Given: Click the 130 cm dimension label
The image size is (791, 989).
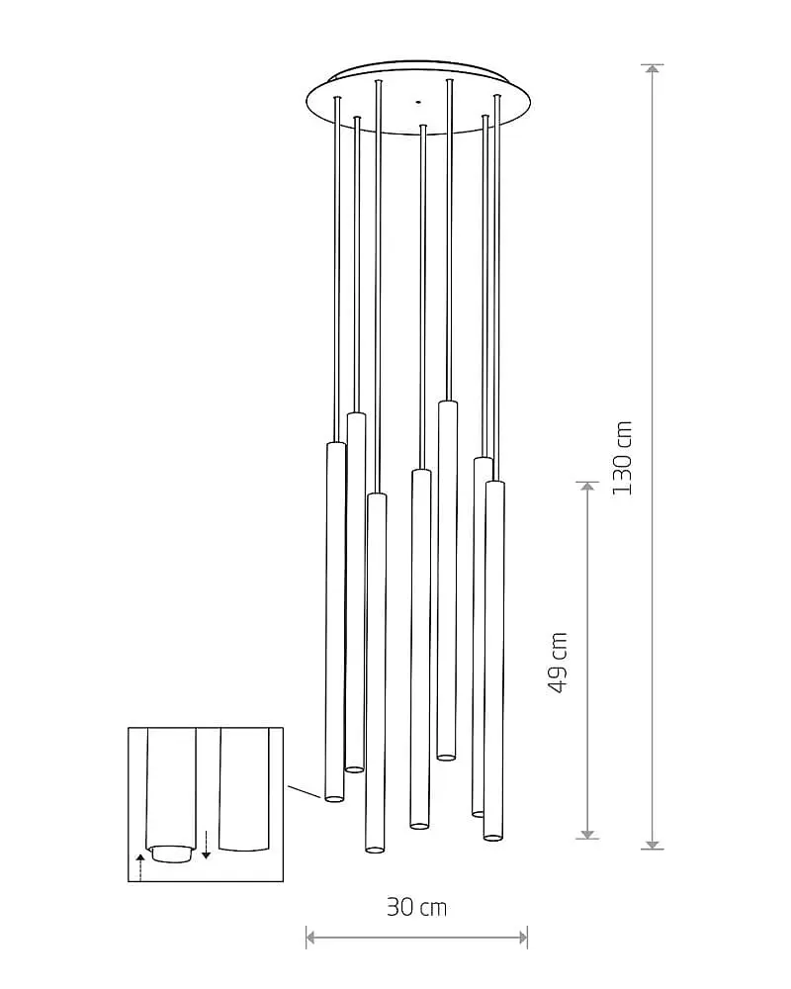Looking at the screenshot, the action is (622, 458).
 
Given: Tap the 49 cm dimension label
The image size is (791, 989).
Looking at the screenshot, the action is (559, 663).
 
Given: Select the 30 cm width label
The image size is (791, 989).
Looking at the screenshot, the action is (416, 908).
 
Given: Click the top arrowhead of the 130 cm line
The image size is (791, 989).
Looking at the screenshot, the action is (653, 69).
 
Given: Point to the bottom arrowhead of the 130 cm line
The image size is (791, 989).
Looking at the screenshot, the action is (653, 844).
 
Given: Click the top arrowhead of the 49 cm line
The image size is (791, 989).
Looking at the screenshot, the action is (588, 489).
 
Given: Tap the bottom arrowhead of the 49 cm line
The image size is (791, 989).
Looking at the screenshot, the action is (588, 833).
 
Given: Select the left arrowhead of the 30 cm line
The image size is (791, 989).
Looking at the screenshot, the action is (311, 938).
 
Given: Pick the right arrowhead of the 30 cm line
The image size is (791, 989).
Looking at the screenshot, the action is (522, 938).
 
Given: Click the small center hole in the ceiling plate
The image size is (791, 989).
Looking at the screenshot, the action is (417, 101).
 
